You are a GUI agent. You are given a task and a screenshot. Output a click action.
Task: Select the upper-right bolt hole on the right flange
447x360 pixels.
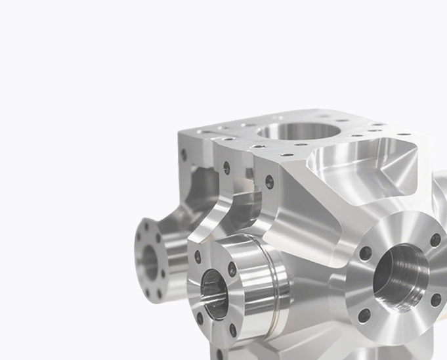point(435,240)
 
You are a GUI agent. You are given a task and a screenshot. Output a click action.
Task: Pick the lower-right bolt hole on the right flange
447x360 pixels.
point(436,300)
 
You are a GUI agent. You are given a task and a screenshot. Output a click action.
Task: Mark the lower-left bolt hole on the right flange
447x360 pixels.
point(364,315)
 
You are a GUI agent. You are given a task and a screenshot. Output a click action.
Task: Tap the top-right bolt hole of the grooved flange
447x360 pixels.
point(232,269)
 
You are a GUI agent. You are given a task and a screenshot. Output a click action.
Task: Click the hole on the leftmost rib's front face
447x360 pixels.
point(184,156)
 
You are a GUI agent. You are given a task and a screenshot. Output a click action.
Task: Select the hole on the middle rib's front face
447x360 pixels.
point(226,168)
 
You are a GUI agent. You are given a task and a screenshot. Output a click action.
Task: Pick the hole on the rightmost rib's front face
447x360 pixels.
point(269,182)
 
